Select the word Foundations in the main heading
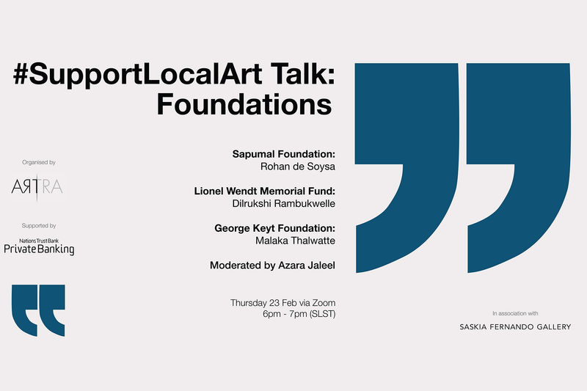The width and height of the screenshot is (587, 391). (244, 104)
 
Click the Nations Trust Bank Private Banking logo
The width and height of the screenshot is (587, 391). (39, 246)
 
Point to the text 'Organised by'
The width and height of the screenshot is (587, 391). (39, 162)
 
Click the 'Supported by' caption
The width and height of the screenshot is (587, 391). (39, 226)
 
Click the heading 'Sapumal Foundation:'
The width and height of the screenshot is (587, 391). (283, 154)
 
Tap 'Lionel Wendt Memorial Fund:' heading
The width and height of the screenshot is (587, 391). (264, 191)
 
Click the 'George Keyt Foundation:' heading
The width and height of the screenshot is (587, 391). (274, 228)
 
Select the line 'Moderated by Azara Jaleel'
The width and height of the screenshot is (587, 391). (272, 266)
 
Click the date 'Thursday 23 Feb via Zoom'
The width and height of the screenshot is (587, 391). (282, 302)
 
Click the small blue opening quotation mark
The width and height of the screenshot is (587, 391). (38, 310)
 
